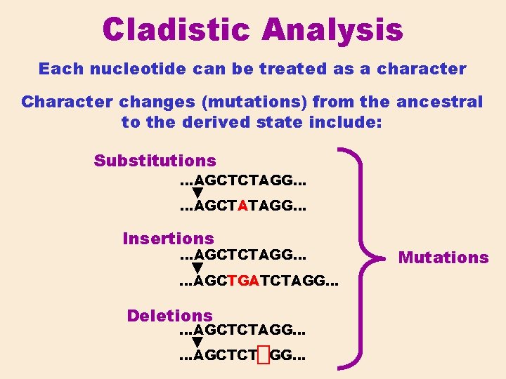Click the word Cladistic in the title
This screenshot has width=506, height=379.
tap(176, 30)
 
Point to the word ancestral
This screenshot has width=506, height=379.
tap(439, 102)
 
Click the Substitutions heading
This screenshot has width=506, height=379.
tap(155, 161)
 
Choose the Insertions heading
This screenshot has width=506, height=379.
tap(168, 239)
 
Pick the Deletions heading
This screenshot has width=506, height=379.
tap(169, 316)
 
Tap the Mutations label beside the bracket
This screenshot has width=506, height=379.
tap(443, 258)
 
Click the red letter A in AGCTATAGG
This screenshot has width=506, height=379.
tap(242, 207)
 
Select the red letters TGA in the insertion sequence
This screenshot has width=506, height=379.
tap(243, 282)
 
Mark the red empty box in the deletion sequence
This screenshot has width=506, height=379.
tap(263, 356)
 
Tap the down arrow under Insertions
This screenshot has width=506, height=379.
tap(197, 268)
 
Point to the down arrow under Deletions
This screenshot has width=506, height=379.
tap(197, 343)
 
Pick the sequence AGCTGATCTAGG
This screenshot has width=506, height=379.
tap(259, 282)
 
